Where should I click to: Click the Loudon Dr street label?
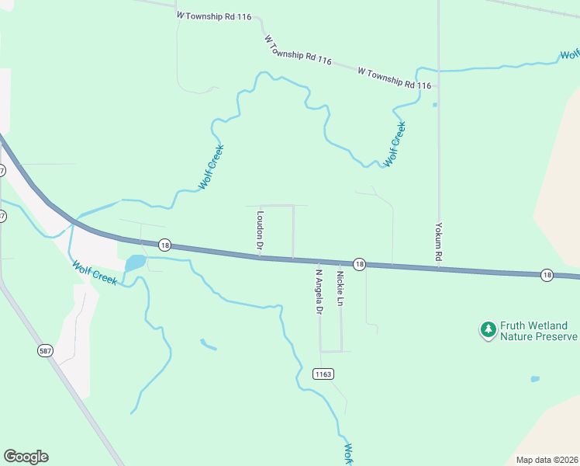point(261,232)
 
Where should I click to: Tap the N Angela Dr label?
point(318,291)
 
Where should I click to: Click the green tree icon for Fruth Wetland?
point(488,331)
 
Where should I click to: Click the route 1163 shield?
point(323,374)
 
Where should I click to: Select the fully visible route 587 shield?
point(46,351)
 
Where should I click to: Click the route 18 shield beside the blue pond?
point(164,245)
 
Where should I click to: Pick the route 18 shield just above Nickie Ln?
point(359,264)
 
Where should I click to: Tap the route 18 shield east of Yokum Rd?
point(547,275)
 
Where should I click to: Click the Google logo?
point(26,457)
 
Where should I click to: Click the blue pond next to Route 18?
point(134,263)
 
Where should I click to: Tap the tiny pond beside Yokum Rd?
point(435,105)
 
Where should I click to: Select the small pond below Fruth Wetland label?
point(535,379)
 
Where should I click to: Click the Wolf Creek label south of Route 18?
point(95,273)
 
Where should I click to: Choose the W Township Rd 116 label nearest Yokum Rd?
point(394,78)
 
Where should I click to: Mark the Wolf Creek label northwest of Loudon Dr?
point(211,167)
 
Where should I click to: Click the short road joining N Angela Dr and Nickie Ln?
point(331,351)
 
